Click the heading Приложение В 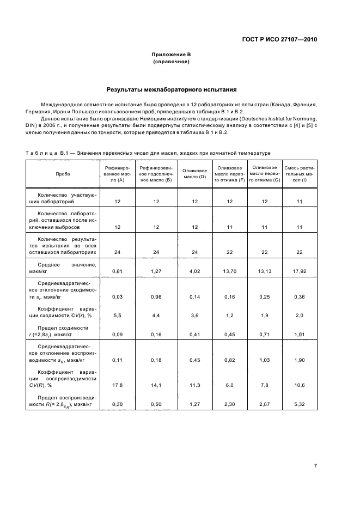pos(171,55)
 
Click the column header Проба pos(63,173)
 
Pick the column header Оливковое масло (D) pos(194,173)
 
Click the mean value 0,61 pos(117,271)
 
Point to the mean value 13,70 pos(230,271)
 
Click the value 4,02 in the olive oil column pos(194,271)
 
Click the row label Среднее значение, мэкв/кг pos(63,268)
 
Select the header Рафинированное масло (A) pos(117,173)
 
